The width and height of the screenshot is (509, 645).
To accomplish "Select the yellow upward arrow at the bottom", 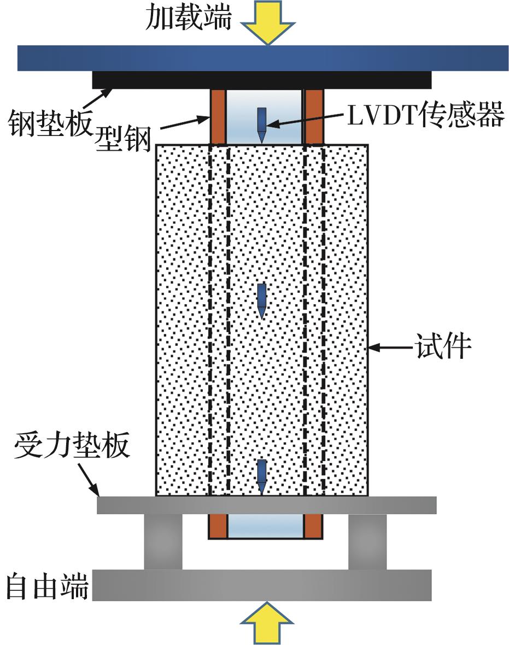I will (267, 623).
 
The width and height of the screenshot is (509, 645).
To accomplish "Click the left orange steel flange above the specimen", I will (218, 116).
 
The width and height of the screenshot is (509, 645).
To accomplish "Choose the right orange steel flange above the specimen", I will (313, 116).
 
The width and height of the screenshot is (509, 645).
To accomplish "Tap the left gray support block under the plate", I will (163, 541).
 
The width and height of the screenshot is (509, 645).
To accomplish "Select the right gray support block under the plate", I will (367, 541).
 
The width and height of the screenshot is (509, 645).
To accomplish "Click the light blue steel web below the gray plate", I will (265, 526).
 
